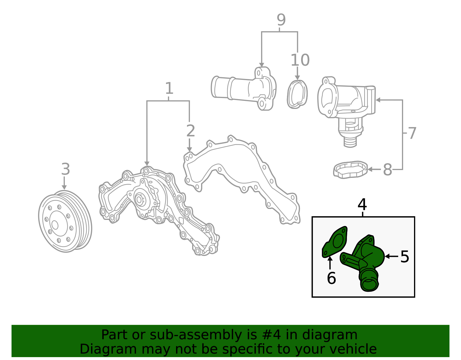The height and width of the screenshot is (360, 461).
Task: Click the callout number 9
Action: coord(281,20)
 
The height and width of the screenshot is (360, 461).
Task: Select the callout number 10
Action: coord(300,60)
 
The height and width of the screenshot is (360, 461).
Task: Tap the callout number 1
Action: coord(169,88)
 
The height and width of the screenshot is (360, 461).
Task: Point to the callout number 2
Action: coord(190,131)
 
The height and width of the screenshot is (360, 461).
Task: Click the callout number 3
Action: coord(66,169)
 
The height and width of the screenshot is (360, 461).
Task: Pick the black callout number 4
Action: coord(362,204)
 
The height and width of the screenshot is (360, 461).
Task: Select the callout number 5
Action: coord(405,257)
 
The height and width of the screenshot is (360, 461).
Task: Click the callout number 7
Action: coord(412,133)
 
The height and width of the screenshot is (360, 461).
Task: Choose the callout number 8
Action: coord(388,170)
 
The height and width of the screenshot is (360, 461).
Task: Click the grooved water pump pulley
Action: coord(65,221)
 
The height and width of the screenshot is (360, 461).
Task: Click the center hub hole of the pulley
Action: coord(55,225)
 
